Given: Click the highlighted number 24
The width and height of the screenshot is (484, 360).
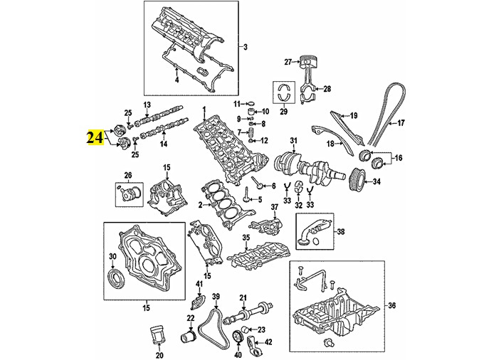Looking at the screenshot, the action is (x=95, y=137).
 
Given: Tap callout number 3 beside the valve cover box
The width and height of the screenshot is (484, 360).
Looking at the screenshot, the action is (x=246, y=47).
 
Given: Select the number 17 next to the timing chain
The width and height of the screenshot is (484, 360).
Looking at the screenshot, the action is (x=400, y=123).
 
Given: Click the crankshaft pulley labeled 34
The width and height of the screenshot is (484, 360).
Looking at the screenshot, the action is (x=358, y=180).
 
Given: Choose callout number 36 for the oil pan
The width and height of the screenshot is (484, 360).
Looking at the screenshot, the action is (x=391, y=306).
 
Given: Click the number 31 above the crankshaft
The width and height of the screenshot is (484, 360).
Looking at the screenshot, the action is (x=293, y=141).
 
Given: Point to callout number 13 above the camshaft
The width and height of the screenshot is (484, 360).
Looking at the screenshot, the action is (x=147, y=105).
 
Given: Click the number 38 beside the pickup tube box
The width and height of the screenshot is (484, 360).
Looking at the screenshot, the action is (x=340, y=232).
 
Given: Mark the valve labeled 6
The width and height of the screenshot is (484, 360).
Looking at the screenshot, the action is (x=258, y=184).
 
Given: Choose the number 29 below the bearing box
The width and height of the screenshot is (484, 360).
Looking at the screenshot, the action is (x=283, y=112).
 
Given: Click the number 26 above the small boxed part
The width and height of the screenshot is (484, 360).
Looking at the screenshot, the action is (x=128, y=176).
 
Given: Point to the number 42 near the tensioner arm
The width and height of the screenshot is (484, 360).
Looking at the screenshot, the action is (x=268, y=342).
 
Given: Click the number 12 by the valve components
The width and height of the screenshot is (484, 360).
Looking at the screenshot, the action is (x=264, y=141).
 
